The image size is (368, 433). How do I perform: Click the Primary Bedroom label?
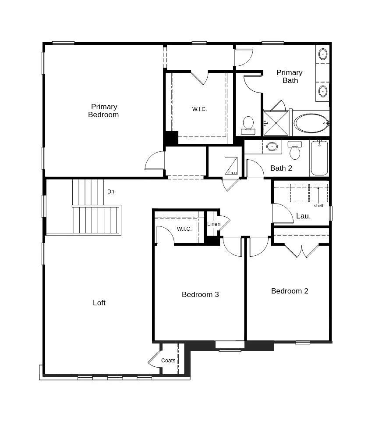click(x=104, y=111)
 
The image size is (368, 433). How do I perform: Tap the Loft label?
click(x=99, y=303)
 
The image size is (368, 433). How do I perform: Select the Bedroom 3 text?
click(x=200, y=294)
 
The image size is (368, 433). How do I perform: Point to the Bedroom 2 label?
click(x=290, y=291)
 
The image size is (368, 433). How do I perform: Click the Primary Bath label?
click(x=290, y=76)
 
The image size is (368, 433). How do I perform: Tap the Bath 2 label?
click(x=281, y=168)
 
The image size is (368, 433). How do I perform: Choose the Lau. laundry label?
click(x=303, y=216)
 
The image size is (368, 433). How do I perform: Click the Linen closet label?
click(x=214, y=224)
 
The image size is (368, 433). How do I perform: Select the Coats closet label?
click(x=168, y=361)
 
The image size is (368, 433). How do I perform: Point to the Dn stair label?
click(x=111, y=192)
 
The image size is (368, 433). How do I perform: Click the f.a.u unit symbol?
click(x=231, y=166)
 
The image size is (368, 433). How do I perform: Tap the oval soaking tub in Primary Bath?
click(x=311, y=123)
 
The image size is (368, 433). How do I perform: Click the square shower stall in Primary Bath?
click(x=276, y=123)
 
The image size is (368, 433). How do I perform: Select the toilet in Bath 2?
click(x=295, y=151)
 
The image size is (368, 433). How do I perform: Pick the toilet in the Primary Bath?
click(x=248, y=124)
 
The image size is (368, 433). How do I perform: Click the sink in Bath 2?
click(x=272, y=147)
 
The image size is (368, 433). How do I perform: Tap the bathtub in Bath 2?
click(x=319, y=158)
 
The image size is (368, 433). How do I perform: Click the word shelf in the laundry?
click(x=318, y=206)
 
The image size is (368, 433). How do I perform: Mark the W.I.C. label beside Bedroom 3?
click(x=184, y=229)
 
